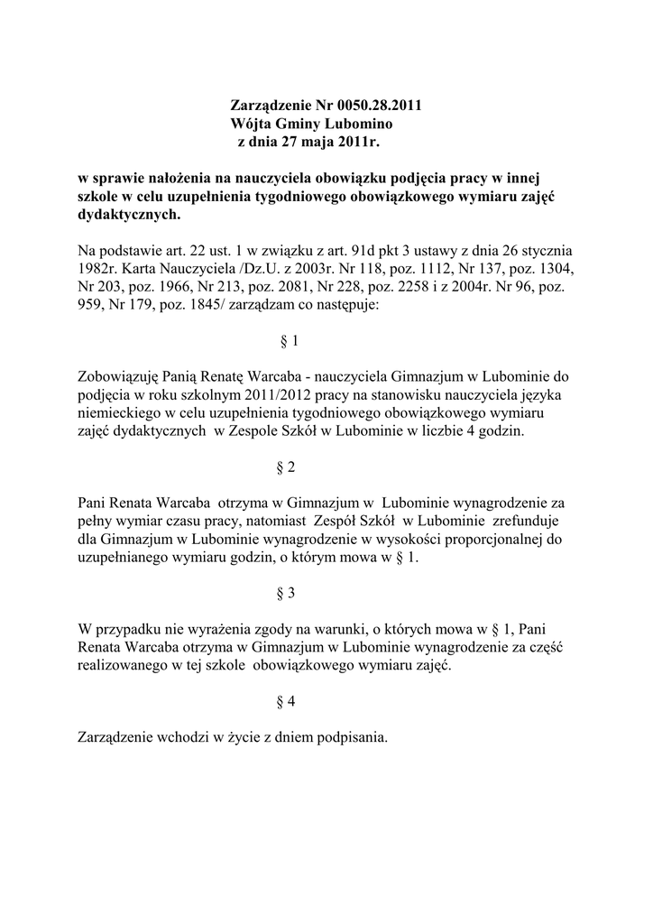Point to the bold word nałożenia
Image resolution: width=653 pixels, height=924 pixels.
(x=180, y=179)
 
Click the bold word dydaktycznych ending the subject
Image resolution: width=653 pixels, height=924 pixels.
(x=128, y=216)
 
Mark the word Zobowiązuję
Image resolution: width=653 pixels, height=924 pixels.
(x=123, y=376)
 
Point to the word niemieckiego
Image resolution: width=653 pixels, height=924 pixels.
(x=118, y=412)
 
